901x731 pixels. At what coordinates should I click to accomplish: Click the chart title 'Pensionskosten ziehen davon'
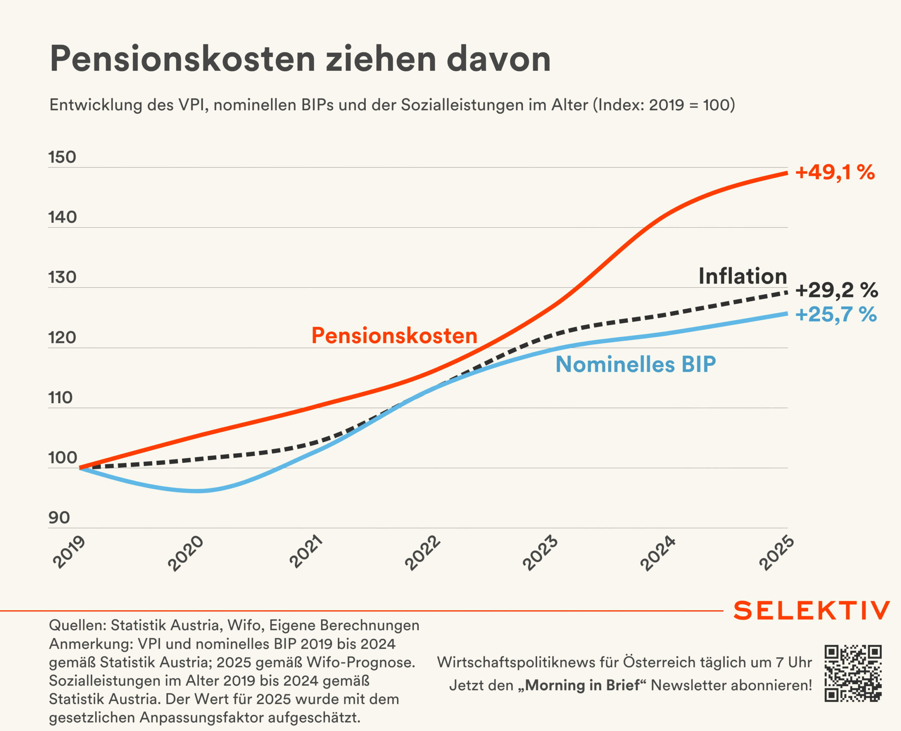(x=300, y=59)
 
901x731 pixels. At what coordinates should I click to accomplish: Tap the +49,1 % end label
(x=835, y=172)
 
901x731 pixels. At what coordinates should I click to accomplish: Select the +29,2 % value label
(x=837, y=290)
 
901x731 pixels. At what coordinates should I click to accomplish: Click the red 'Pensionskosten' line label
(x=394, y=336)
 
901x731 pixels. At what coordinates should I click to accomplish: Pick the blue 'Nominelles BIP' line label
(x=636, y=364)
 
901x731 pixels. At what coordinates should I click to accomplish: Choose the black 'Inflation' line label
(x=743, y=276)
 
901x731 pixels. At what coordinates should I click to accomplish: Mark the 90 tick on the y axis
(x=59, y=517)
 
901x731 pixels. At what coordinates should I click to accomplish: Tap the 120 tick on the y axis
(x=62, y=337)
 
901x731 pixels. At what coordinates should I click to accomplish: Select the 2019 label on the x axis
(x=69, y=552)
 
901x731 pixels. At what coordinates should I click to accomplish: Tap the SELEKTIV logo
(x=812, y=611)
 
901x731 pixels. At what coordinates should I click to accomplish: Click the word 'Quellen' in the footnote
(x=77, y=625)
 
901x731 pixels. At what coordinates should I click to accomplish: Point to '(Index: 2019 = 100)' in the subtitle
(x=664, y=104)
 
